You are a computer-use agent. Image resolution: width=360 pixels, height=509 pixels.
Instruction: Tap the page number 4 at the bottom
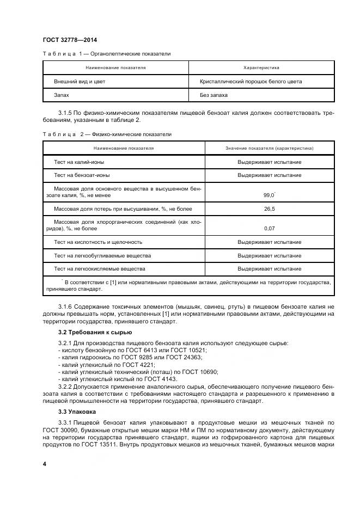tap(44, 463)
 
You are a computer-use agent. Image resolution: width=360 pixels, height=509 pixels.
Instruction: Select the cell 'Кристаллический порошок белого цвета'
tap(251, 82)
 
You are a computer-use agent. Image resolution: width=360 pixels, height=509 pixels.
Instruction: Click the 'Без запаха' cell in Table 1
tap(214, 95)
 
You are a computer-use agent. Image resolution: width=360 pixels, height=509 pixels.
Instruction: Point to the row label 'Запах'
tap(61, 95)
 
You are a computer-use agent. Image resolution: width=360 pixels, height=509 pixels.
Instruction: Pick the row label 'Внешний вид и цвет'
tap(80, 82)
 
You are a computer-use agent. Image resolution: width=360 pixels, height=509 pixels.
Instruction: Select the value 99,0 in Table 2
tap(269, 194)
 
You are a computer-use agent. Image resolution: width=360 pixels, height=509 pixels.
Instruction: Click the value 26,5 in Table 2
tap(269, 208)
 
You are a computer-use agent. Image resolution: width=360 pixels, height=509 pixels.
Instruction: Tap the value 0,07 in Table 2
tap(269, 228)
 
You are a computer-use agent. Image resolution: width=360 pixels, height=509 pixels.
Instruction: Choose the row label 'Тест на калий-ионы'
tap(79, 162)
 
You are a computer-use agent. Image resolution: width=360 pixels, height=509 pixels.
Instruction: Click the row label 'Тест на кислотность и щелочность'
tap(98, 242)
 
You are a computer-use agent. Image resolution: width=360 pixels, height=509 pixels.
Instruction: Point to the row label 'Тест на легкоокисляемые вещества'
tap(99, 269)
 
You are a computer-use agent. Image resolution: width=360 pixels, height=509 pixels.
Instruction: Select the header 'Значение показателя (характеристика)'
tap(269, 148)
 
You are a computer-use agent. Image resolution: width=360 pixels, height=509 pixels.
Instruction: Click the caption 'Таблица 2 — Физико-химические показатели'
tap(107, 133)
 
